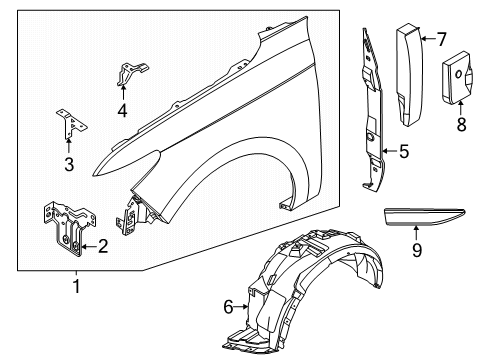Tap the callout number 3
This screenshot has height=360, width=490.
[69, 164]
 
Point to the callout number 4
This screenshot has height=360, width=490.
[122, 111]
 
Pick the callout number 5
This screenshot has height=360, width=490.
[403, 153]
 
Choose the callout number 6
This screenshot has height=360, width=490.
[229, 307]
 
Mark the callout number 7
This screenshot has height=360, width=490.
[440, 39]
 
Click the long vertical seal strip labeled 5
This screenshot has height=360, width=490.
[371, 110]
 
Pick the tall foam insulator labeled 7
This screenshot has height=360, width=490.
[410, 75]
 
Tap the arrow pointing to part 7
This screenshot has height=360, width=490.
[426, 39]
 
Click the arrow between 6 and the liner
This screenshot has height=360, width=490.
[243, 307]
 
